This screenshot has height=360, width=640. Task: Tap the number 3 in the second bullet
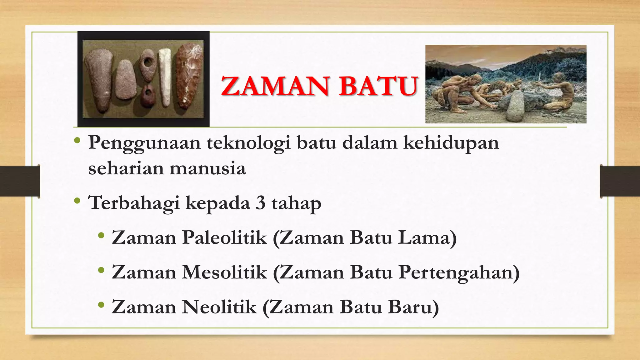pos(260,203)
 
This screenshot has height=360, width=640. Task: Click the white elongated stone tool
pos(164,77)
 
